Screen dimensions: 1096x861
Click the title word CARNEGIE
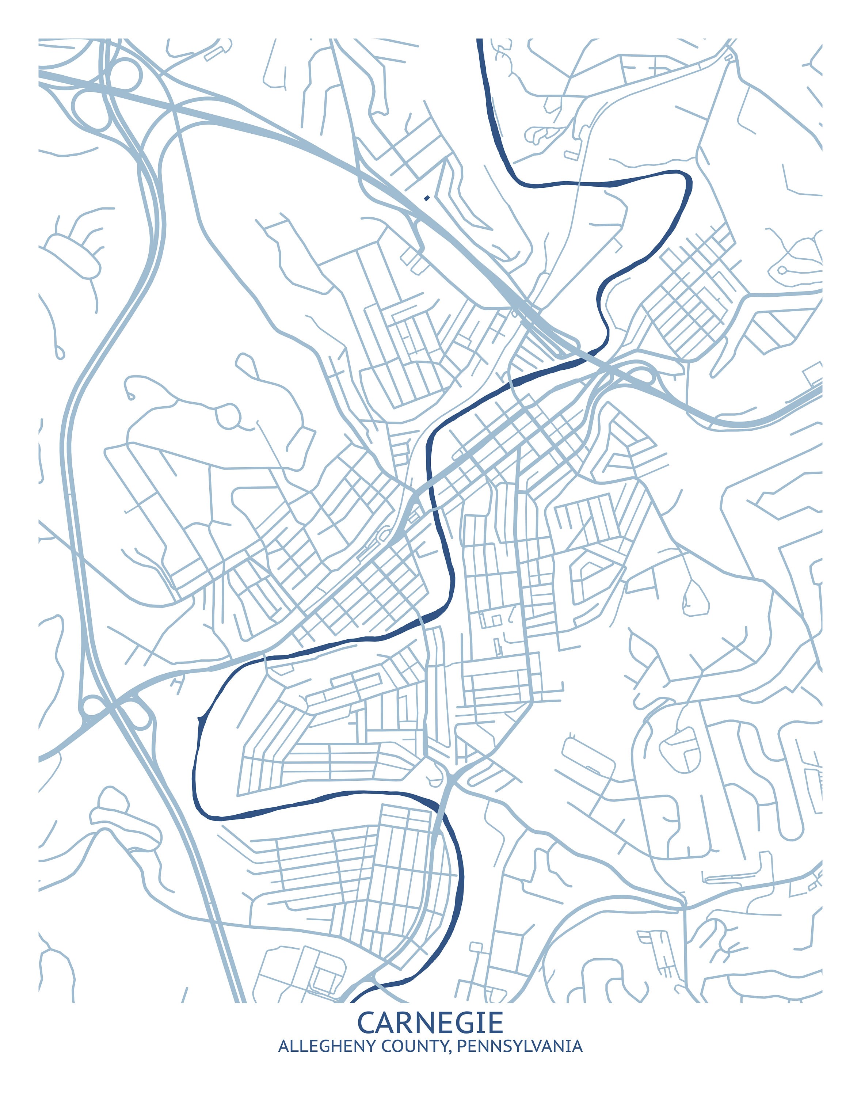430,1023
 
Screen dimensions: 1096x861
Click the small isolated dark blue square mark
427,198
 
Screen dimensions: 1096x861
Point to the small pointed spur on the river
200,717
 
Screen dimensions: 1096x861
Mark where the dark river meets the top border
479,39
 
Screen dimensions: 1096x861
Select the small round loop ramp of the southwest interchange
93,705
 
